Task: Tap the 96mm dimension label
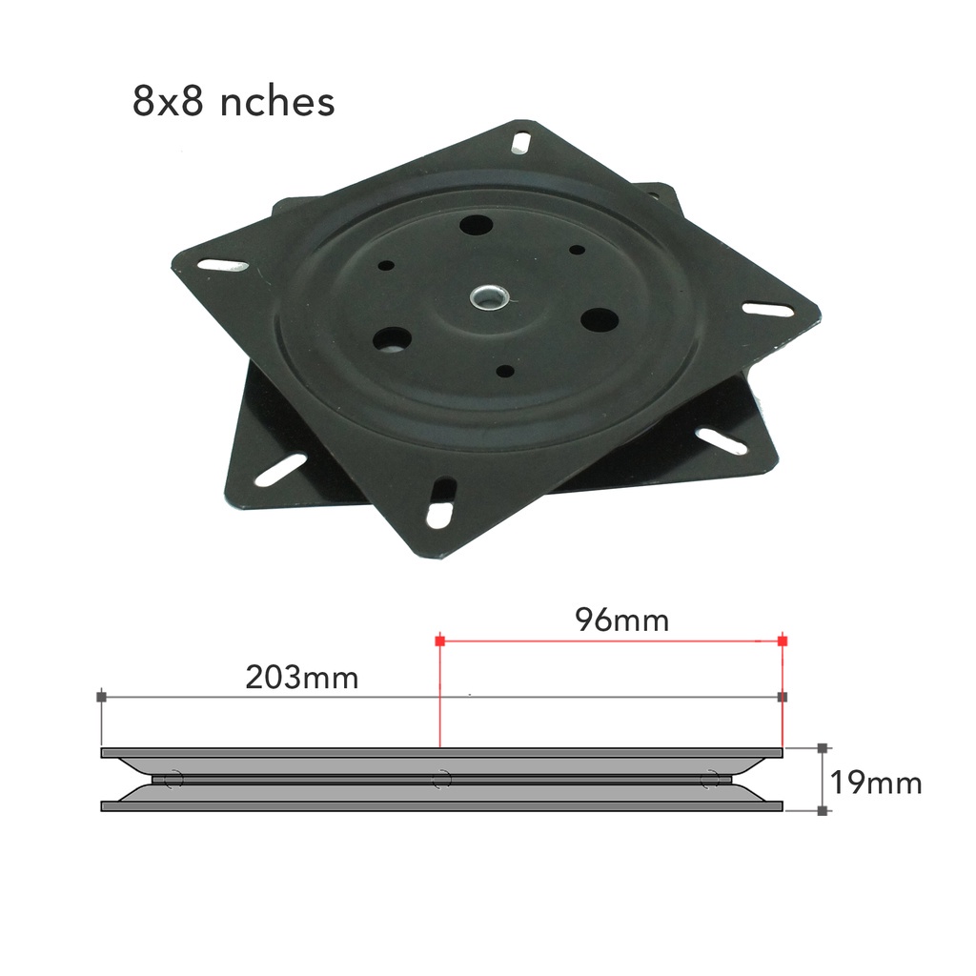621,620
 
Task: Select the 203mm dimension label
302,678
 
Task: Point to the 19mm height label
875,783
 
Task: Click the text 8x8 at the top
169,102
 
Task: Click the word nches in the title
278,102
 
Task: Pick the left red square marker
439,641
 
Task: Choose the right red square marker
783,641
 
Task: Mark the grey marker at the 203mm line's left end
101,697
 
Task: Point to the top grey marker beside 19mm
823,749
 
